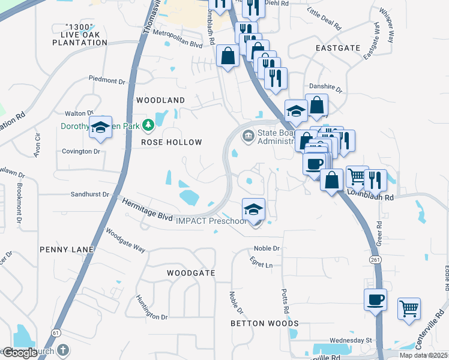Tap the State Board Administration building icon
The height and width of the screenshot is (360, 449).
[x=248, y=137]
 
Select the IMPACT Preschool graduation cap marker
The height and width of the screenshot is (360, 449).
[x=254, y=209]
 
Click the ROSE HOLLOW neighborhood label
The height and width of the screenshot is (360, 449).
[x=172, y=142]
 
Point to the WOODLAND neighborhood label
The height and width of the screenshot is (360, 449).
[x=160, y=100]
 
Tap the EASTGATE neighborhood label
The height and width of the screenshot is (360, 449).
[x=338, y=47]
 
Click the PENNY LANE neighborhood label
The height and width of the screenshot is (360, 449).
[x=67, y=249]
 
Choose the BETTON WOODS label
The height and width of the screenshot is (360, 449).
[x=265, y=323]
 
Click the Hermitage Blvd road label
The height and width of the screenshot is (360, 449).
[x=148, y=209]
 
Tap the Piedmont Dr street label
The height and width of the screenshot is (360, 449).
[x=109, y=79]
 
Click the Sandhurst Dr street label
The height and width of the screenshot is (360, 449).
[x=91, y=194]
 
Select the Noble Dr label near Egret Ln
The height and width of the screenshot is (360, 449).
[x=267, y=248]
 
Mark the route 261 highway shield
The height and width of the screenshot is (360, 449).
[x=376, y=259]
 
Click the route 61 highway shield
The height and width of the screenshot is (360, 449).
[x=56, y=332]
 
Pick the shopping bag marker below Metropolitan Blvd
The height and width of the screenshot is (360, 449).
[x=228, y=56]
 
